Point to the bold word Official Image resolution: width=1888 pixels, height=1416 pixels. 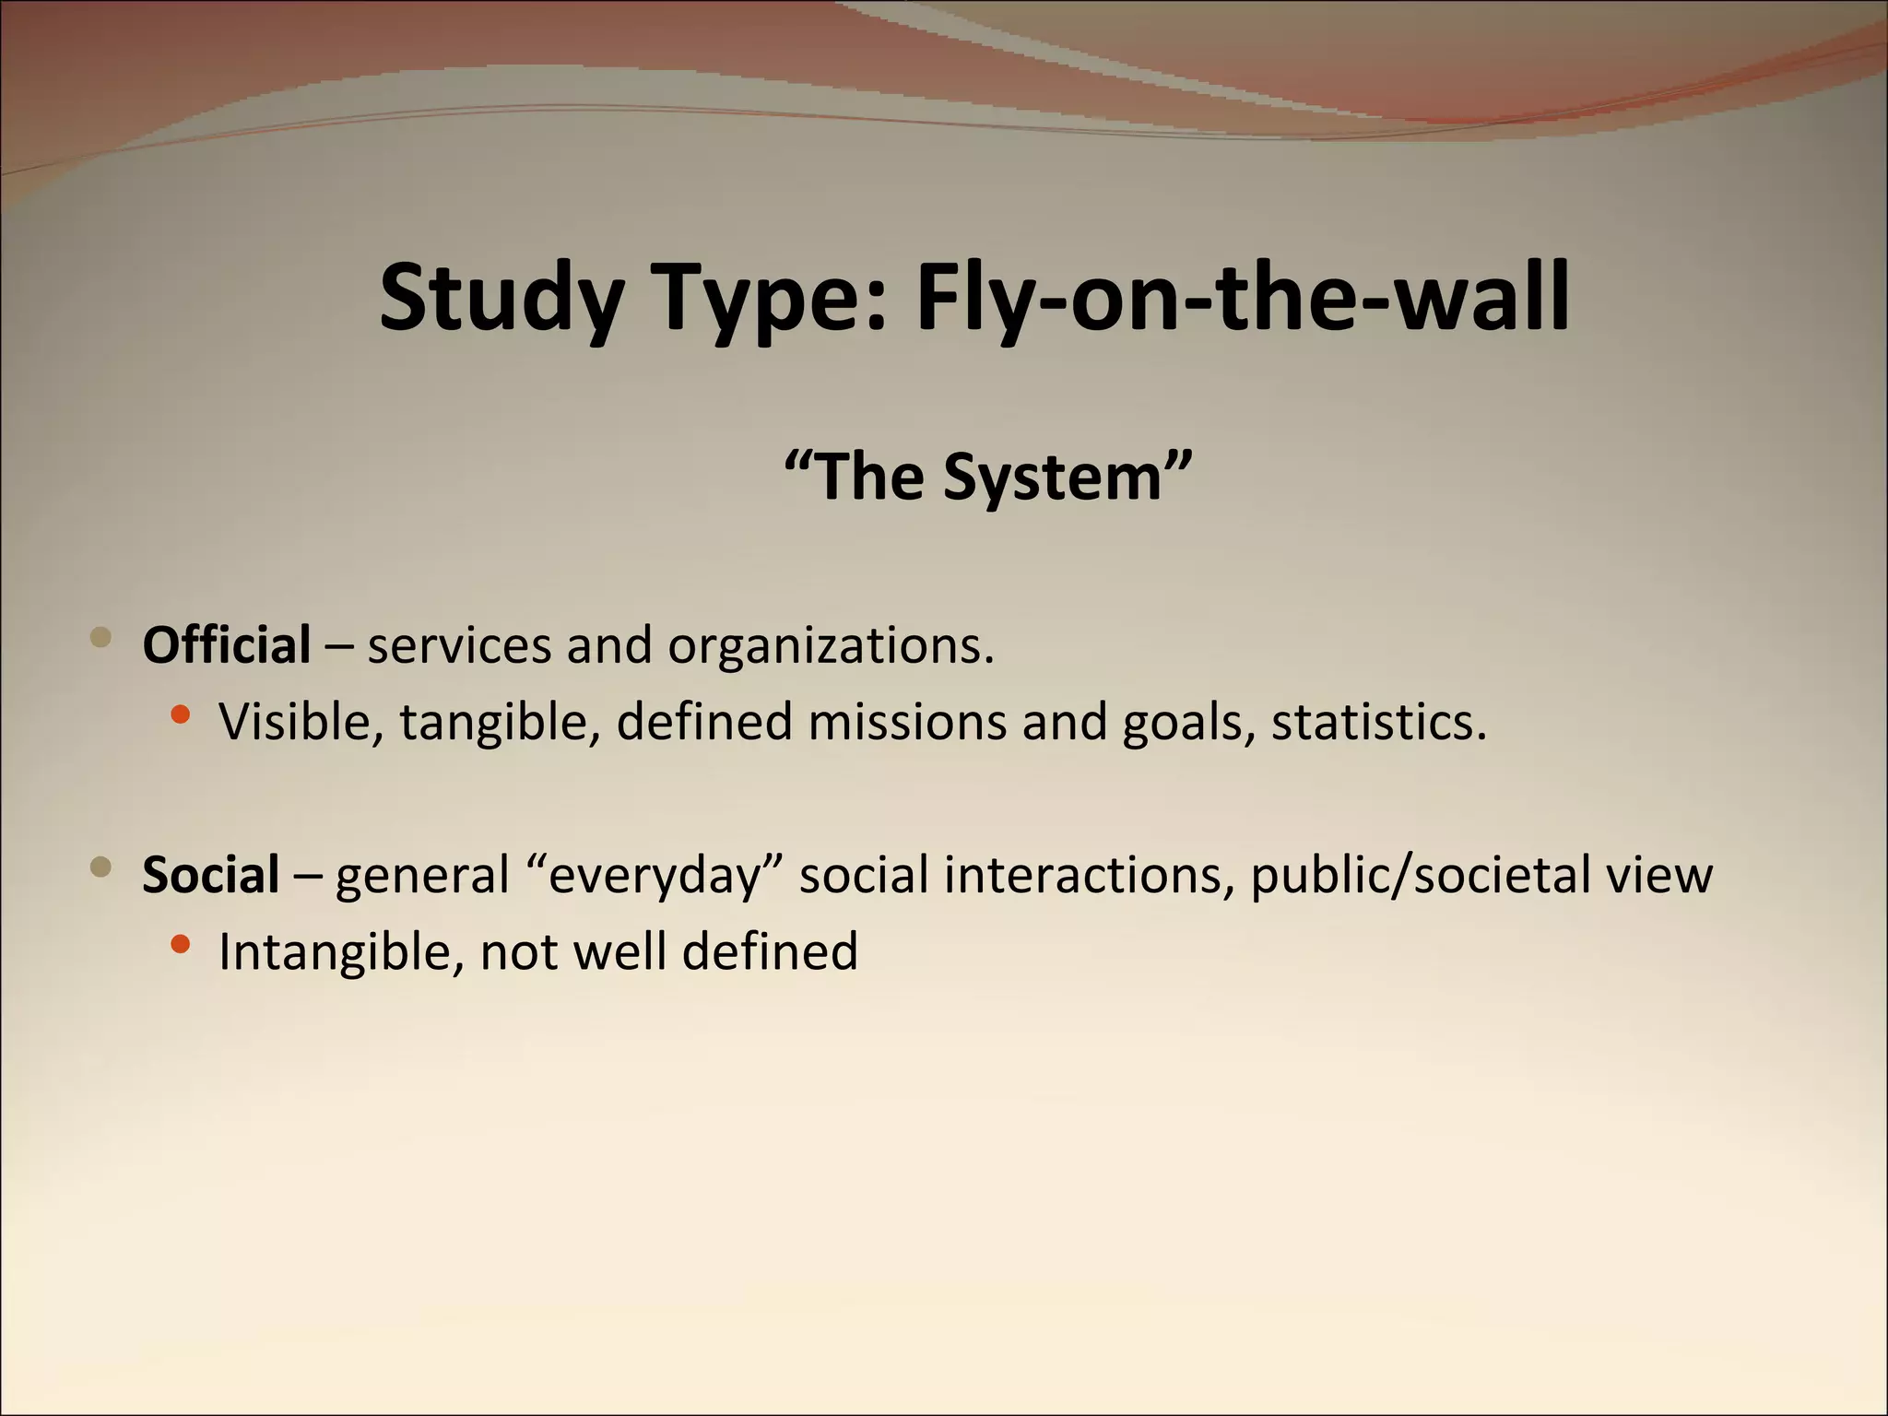click(x=226, y=644)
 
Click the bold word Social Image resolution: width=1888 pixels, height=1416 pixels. click(x=210, y=874)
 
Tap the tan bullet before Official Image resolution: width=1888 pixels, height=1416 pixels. click(x=101, y=637)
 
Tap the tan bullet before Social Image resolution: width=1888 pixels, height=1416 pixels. click(x=101, y=867)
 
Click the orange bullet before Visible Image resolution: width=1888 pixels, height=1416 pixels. click(x=181, y=714)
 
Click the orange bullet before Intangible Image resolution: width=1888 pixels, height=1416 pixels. click(x=181, y=943)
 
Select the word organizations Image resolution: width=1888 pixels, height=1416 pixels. click(x=831, y=646)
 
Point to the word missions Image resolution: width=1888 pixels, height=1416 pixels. click(x=907, y=722)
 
